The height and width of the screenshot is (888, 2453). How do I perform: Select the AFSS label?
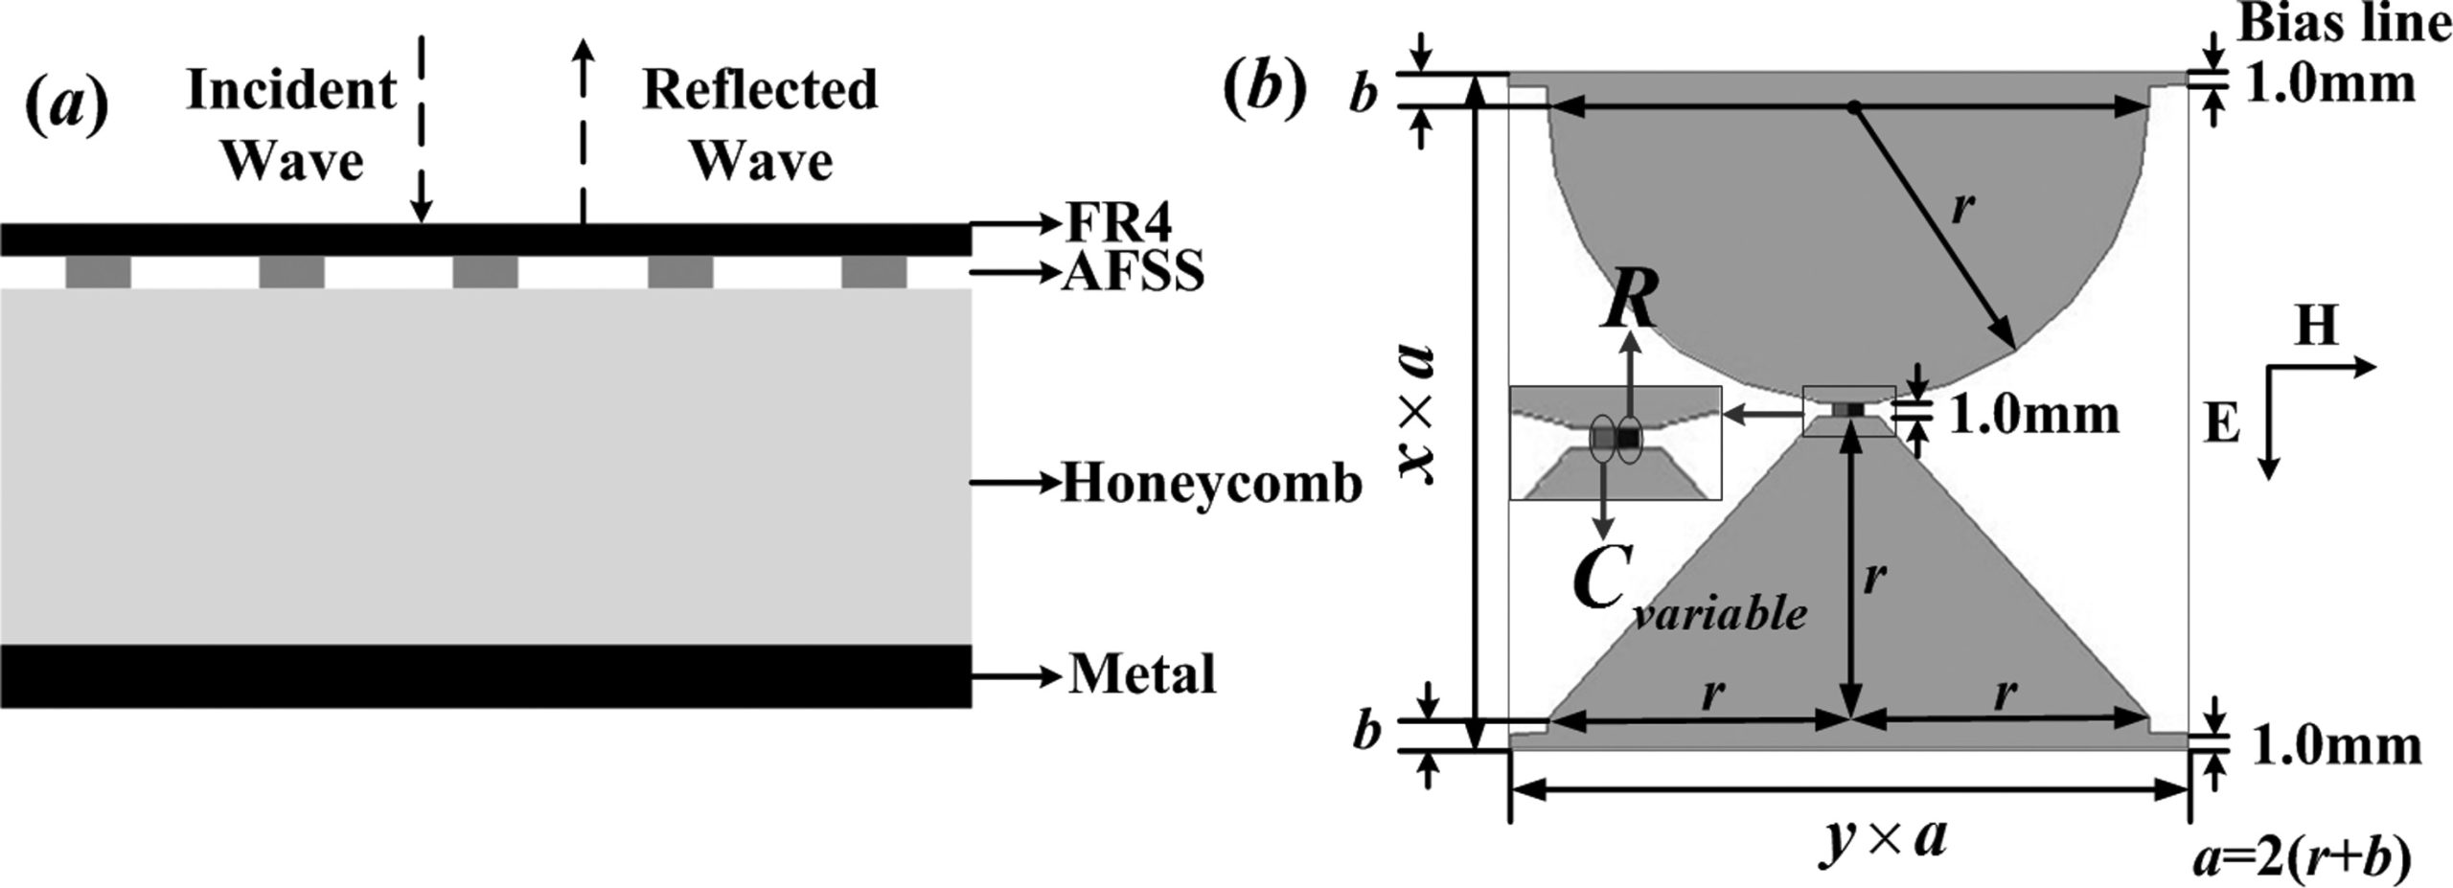pyautogui.click(x=1133, y=274)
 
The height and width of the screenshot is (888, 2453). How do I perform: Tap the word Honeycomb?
pyautogui.click(x=1211, y=484)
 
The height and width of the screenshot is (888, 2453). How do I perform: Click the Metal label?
pyautogui.click(x=1142, y=674)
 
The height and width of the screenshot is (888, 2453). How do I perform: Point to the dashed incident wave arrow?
pyautogui.click(x=421, y=125)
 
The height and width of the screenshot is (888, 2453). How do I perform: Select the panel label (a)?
pyautogui.click(x=65, y=106)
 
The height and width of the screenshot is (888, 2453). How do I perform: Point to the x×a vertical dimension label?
pyautogui.click(x=1415, y=411)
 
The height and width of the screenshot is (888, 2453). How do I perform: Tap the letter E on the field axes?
pyautogui.click(x=2220, y=422)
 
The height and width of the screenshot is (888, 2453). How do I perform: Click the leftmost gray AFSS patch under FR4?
pyautogui.click(x=98, y=272)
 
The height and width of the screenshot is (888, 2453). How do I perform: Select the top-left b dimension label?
pyautogui.click(x=1364, y=97)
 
